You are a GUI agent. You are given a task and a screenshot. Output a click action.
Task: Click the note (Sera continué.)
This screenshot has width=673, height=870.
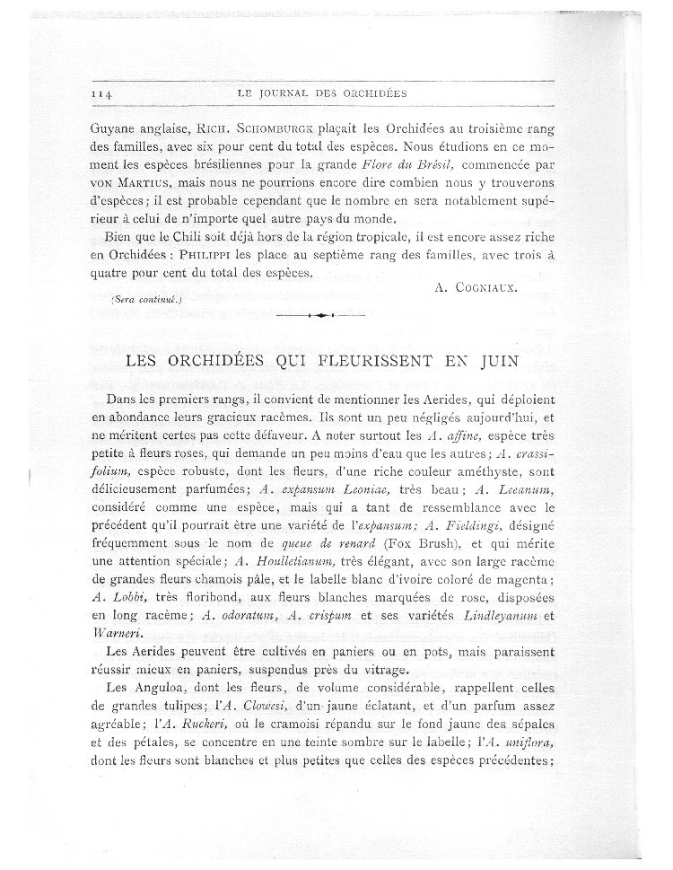(144, 299)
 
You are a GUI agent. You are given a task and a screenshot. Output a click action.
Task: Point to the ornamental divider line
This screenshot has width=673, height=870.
(320, 315)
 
